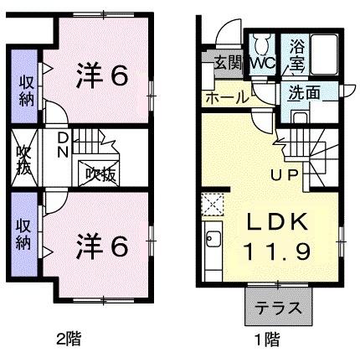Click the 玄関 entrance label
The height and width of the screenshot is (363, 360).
pos(229,64)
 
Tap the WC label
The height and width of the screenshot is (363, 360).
pos(262,64)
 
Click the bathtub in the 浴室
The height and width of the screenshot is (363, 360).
pos(324,54)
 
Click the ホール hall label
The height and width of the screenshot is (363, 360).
pos(227,97)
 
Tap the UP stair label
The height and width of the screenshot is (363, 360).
pos(285,175)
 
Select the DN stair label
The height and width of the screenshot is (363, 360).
pos(62,144)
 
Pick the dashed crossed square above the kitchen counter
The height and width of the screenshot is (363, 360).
pos(213,205)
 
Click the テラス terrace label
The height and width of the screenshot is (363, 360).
pos(279,309)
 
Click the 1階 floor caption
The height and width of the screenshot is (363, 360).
pos(268,340)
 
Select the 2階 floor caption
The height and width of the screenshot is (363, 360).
pos(69,339)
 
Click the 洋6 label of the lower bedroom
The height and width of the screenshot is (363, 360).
pos(102,246)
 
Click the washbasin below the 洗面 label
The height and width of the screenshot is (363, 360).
pos(300,117)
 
